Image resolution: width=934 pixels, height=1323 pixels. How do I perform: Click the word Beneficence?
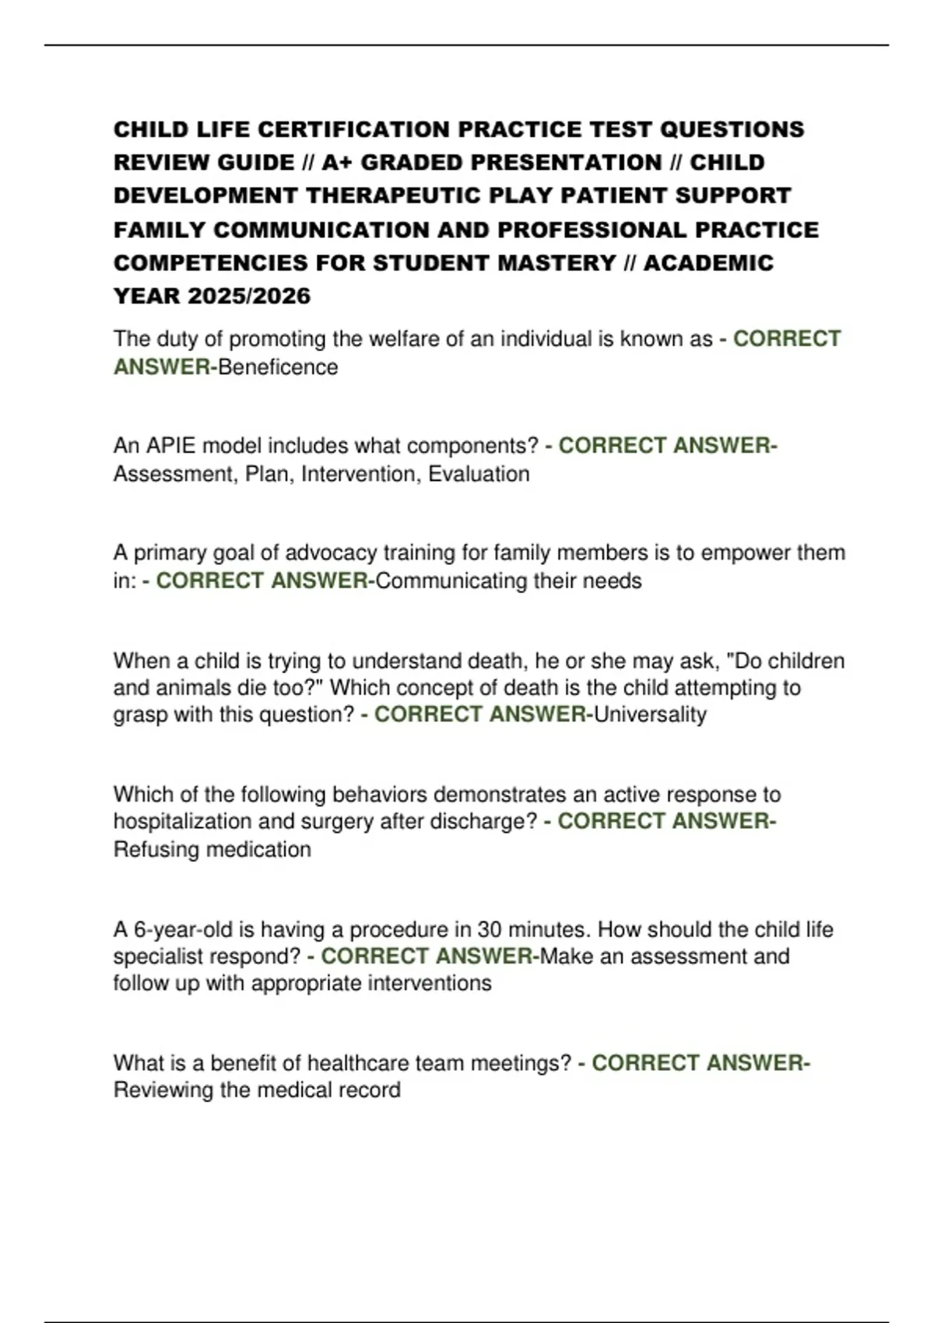pos(278,367)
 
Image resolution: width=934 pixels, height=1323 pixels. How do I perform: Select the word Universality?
pos(650,714)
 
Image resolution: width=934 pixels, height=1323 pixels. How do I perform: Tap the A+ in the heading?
pos(337,163)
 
